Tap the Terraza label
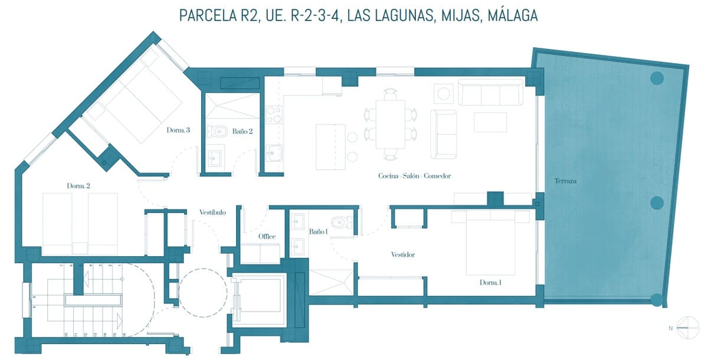[x=565, y=181]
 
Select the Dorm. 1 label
[x=491, y=283]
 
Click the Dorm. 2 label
[x=78, y=186]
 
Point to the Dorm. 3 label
[x=178, y=131]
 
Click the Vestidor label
[x=403, y=255]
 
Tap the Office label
[x=267, y=237]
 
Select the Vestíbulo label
[x=212, y=212]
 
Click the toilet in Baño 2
[x=218, y=130]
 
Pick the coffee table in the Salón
[x=490, y=122]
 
